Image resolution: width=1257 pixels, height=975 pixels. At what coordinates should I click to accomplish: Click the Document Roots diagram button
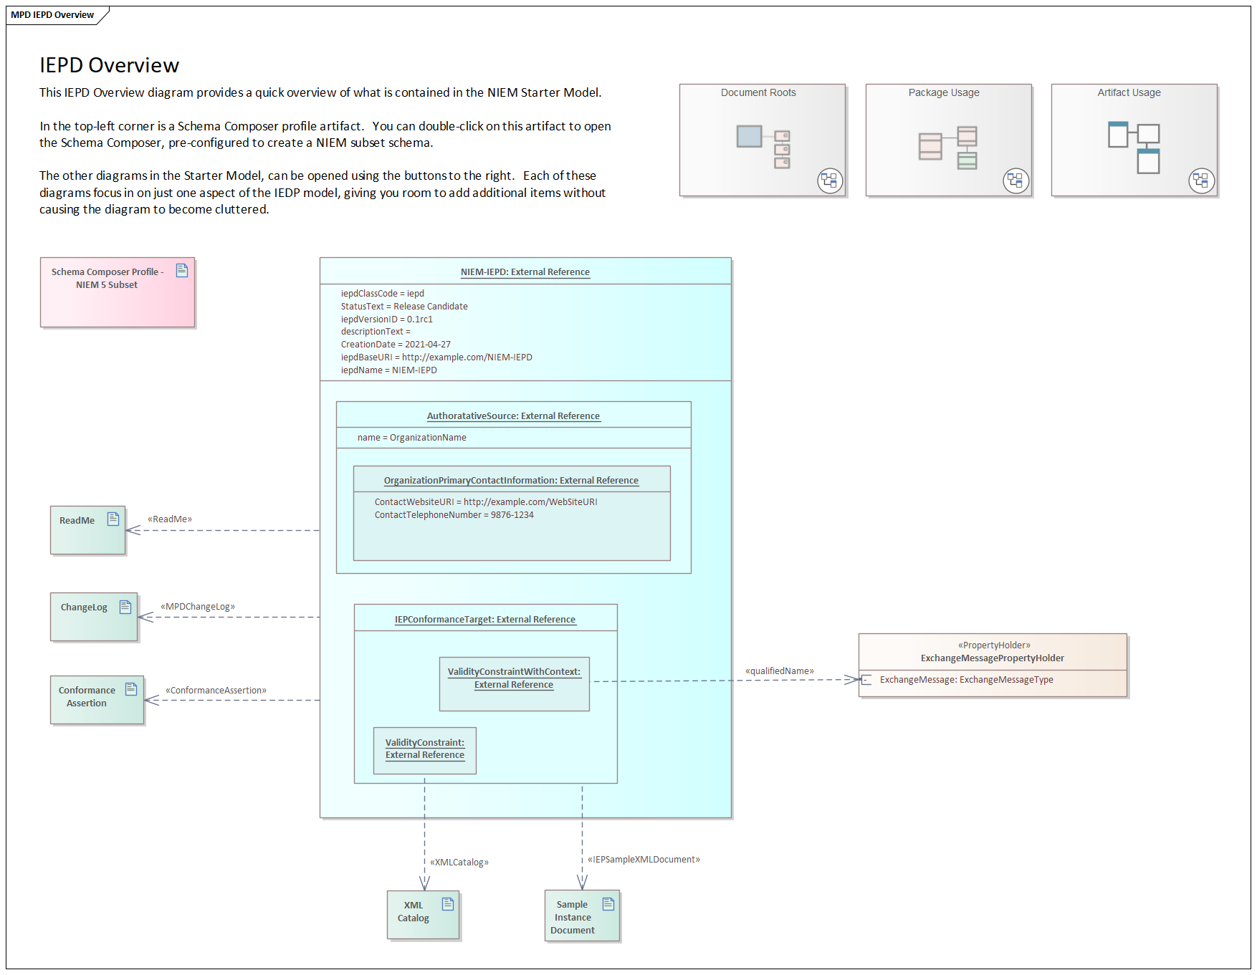pos(763,140)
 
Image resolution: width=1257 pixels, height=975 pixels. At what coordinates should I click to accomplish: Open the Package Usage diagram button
pos(948,140)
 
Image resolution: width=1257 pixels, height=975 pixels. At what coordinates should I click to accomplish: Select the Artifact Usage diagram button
pos(1134,140)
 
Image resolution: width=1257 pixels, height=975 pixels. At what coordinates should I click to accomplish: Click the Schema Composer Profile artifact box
pos(118,292)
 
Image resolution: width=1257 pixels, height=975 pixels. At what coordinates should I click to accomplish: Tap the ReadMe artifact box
pos(87,530)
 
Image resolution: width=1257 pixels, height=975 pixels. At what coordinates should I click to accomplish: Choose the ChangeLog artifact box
pos(94,617)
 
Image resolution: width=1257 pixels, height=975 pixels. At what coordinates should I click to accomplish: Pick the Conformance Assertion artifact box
pos(97,700)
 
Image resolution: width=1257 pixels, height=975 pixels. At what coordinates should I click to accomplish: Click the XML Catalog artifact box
pos(423,915)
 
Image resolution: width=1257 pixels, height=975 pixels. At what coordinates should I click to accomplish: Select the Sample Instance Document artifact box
pos(582,916)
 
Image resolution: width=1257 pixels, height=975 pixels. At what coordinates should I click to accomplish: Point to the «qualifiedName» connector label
pos(780,671)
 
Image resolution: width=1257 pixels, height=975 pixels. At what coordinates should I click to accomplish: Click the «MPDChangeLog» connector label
pos(198,607)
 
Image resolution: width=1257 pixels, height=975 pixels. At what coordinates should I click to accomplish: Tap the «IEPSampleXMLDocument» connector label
pos(644,860)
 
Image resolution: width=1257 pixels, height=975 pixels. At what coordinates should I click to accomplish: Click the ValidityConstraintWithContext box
pos(515,684)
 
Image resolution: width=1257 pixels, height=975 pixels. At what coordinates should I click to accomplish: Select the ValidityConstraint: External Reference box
pos(425,751)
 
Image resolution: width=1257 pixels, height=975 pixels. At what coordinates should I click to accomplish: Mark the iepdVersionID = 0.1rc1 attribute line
pos(387,320)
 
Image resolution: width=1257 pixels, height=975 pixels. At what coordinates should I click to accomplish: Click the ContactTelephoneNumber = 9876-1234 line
pos(454,515)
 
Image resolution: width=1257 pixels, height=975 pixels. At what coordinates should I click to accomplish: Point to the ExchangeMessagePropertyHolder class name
pos(993,658)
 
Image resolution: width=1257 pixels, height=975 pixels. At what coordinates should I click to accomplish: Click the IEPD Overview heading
pos(109,65)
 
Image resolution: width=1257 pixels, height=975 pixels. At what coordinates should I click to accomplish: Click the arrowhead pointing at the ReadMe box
pos(133,530)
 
